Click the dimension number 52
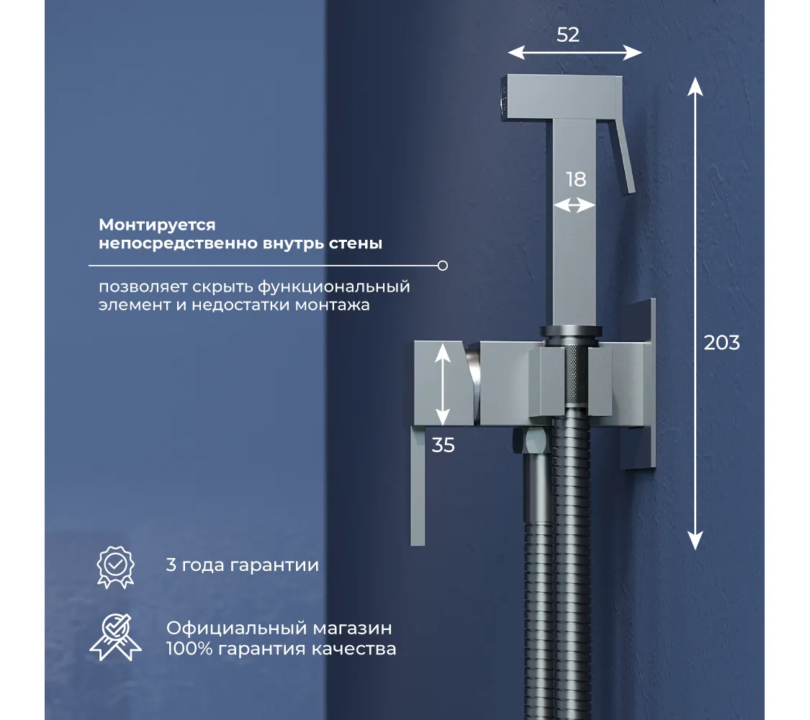568,35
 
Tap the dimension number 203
721,343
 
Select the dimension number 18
576,179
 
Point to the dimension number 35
444,445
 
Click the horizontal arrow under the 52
575,53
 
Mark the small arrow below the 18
575,206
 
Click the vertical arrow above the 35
443,384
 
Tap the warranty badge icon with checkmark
116,567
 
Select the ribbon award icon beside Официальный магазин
116,637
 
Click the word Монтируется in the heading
157,225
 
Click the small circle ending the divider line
443,266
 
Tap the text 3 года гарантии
242,565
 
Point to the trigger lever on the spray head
624,158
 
